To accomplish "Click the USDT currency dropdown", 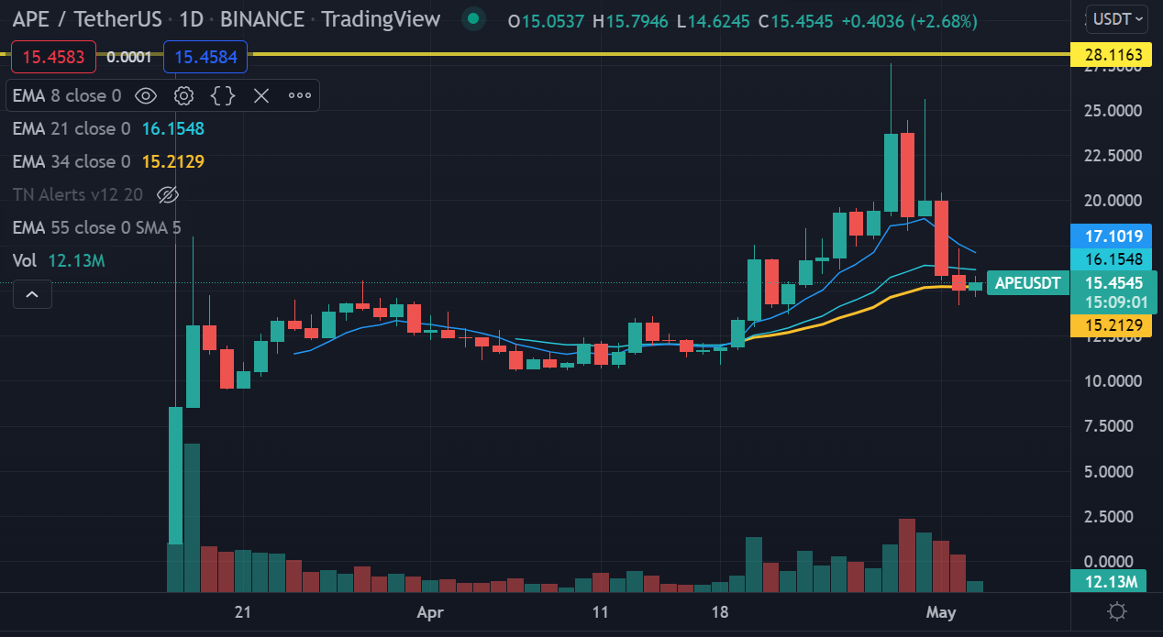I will tap(1115, 17).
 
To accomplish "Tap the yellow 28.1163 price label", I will tap(1113, 55).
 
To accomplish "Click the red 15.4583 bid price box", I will tap(52, 58).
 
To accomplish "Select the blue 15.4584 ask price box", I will tap(205, 58).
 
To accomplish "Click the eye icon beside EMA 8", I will tap(145, 95).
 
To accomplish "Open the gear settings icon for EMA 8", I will tap(183, 95).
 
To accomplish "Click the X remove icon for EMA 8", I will tap(261, 95).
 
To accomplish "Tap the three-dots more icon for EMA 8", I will tap(300, 95).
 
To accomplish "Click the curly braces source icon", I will tap(223, 95).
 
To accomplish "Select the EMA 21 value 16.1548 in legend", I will tap(172, 129).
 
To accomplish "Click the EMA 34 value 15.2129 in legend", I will tap(172, 162).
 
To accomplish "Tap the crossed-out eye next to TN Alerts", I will tap(167, 194).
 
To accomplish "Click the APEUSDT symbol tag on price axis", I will tap(1028, 283).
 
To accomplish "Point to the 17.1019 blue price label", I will tap(1113, 236).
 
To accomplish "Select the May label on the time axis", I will tap(941, 611).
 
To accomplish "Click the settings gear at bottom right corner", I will tap(1116, 612).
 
